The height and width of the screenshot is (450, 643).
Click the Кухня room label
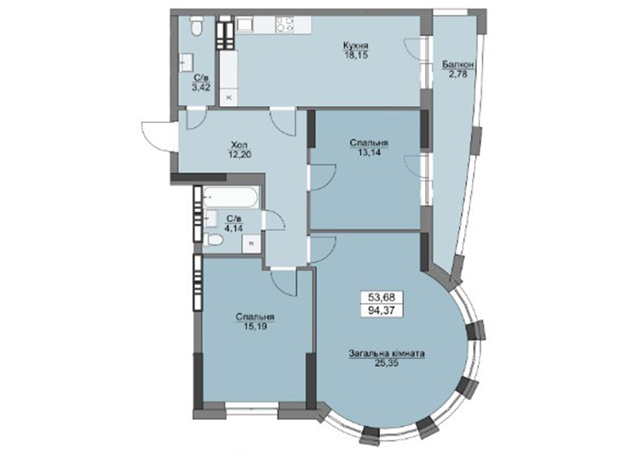356,46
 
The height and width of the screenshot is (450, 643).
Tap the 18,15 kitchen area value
356,55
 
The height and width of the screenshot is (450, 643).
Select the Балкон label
458,65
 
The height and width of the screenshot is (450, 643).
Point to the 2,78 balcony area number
458,74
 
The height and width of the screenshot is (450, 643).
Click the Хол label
240,145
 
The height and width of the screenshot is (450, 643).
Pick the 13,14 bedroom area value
369,152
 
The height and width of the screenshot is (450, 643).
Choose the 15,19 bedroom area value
255,326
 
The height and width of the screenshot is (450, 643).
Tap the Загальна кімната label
387,354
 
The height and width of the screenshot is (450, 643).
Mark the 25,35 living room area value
387,362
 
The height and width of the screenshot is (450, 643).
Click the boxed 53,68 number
381,297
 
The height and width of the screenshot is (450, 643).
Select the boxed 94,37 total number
381,310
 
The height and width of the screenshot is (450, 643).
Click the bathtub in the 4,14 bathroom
231,197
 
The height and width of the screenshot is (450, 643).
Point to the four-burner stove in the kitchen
285,24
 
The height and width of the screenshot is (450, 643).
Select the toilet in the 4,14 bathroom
213,239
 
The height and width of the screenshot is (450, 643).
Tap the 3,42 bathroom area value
201,87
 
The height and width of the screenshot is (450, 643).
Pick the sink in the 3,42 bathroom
186,63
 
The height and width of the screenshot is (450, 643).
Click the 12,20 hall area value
240,154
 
